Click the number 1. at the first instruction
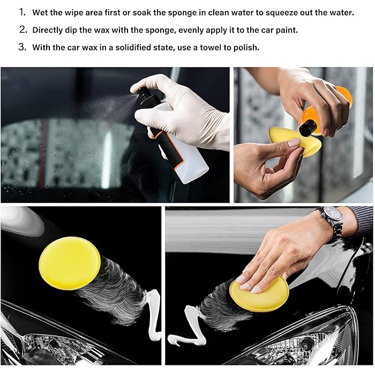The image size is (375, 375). coord(22,12)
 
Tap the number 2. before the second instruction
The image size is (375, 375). coord(22,29)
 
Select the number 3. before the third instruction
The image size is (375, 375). coord(22,47)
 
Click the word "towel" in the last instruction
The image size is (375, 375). coord(210,47)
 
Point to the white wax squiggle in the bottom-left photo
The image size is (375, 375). coord(153,315)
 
